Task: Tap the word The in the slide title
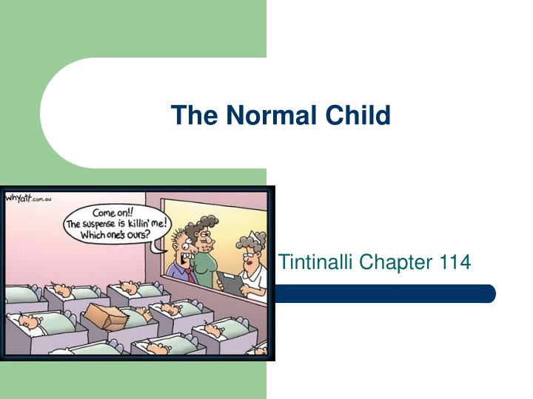click(x=192, y=115)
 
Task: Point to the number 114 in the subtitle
click(x=455, y=262)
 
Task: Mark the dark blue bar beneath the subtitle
click(x=385, y=293)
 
